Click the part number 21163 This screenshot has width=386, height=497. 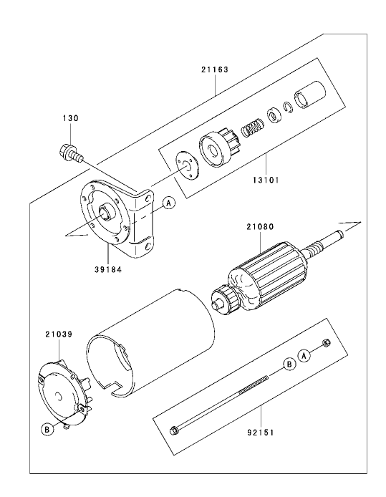click(216, 71)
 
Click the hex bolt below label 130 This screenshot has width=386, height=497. click(69, 152)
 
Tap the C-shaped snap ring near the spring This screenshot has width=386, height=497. click(289, 108)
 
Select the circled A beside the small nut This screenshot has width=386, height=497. click(305, 354)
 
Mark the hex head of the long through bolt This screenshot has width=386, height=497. click(174, 430)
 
